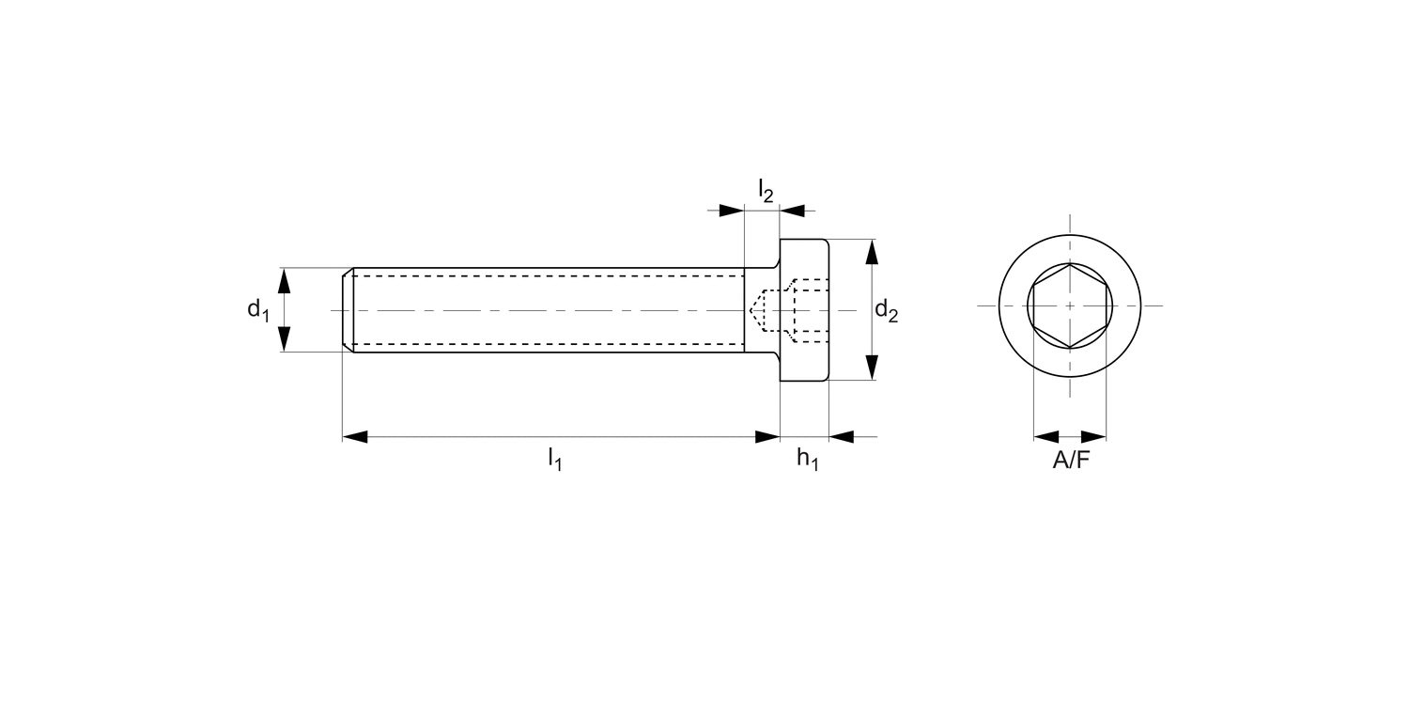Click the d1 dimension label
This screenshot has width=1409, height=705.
[x=257, y=309]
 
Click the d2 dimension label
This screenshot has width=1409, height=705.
[x=886, y=310]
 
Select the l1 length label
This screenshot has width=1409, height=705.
[x=555, y=459]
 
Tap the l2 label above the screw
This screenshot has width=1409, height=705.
[x=766, y=191]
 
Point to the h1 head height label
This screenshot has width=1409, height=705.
[x=807, y=459]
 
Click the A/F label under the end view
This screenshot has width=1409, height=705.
[x=1071, y=460]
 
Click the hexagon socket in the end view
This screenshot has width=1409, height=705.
[x=1070, y=305]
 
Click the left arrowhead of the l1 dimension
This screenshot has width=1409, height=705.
[x=355, y=437]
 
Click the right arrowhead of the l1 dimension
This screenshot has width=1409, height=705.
[x=768, y=437]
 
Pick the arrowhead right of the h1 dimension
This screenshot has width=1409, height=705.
[x=842, y=437]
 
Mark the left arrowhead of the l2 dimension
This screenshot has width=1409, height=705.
[x=731, y=211]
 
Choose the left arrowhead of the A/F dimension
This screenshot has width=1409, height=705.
[x=1045, y=437]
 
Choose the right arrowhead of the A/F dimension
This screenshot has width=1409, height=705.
[x=1094, y=437]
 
